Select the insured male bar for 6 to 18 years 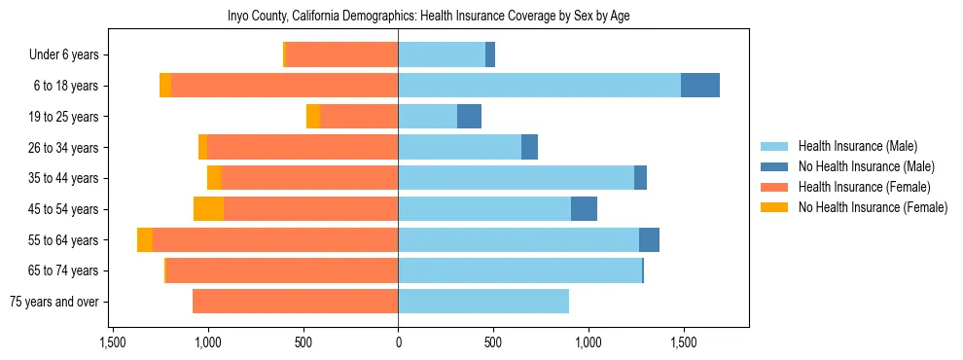539,86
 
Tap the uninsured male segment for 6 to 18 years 700,86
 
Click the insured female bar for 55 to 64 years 275,240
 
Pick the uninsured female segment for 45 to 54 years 208,209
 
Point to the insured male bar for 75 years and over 483,302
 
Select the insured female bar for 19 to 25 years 359,117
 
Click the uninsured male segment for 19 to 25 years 469,117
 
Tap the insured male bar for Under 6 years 442,55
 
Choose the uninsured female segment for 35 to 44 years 214,178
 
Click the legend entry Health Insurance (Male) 857,146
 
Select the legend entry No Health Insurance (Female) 873,207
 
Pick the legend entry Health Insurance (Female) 863,187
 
